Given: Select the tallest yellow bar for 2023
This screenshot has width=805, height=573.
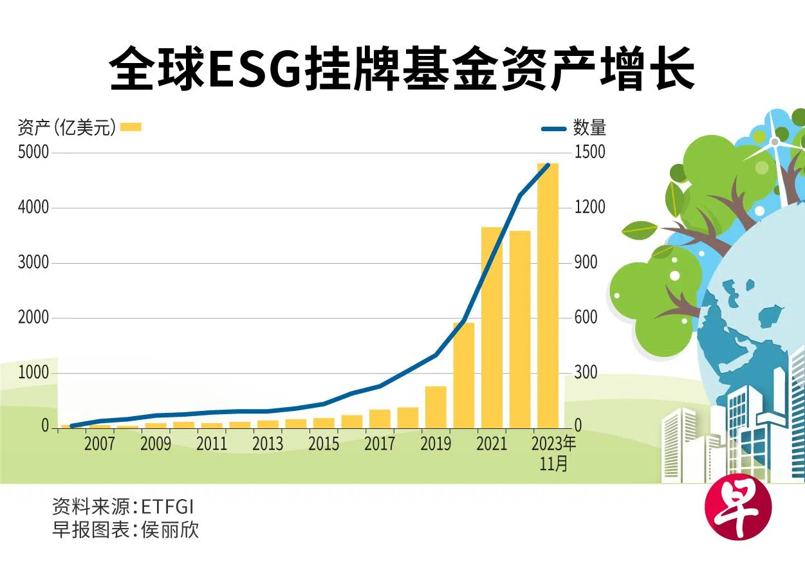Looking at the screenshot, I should click(x=548, y=296).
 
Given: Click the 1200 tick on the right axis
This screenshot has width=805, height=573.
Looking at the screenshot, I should click(x=590, y=207).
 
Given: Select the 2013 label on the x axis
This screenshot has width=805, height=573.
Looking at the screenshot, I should click(x=268, y=444).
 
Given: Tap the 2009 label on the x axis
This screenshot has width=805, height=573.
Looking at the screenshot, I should click(x=156, y=444).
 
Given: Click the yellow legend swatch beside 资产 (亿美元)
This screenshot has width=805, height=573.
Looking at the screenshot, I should click(x=131, y=127).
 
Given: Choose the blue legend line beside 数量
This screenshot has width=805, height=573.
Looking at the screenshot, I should click(x=554, y=129).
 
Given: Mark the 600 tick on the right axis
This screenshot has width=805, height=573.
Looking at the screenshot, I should click(x=586, y=318).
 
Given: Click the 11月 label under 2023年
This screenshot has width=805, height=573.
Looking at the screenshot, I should click(x=554, y=463).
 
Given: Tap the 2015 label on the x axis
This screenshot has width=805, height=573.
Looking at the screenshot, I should click(x=324, y=444).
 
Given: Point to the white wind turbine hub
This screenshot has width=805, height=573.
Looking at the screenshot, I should click(x=775, y=141).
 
